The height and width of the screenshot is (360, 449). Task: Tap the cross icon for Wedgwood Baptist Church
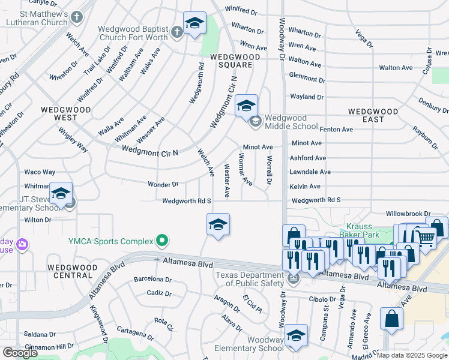(x=177, y=32)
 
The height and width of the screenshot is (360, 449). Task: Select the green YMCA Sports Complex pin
(x=161, y=241)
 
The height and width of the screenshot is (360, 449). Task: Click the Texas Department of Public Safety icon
(x=293, y=278)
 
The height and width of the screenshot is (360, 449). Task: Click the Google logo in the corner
(x=20, y=353)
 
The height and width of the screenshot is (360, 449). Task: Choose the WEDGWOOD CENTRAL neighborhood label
(x=70, y=271)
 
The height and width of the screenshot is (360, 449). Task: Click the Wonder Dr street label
(x=163, y=185)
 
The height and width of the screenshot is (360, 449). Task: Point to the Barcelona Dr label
(x=152, y=279)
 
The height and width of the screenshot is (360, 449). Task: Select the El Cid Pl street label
(x=252, y=303)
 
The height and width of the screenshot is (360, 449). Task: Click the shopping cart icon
(x=425, y=238)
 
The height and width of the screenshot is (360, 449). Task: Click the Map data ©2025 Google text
(x=412, y=355)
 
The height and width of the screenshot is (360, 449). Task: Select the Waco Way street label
(x=40, y=172)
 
